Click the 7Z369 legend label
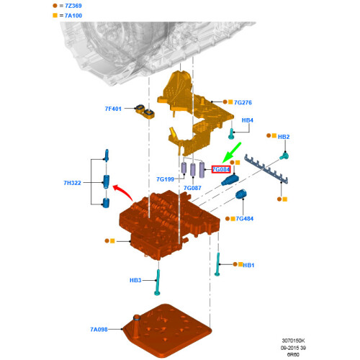[73, 6]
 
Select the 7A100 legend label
[73, 16]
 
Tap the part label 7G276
[243, 102]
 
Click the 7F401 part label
[113, 109]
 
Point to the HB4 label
[247, 120]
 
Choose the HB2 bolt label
[284, 137]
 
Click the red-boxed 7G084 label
[221, 169]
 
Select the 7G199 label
[165, 179]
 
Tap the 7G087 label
[192, 188]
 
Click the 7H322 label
[72, 183]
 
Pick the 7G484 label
[244, 218]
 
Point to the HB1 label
[248, 265]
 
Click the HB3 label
[135, 280]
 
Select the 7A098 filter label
[99, 329]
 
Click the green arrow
[232, 153]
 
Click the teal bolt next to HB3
[158, 282]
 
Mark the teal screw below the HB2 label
[284, 156]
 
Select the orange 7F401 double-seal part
[145, 112]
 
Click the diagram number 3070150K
[293, 341]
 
